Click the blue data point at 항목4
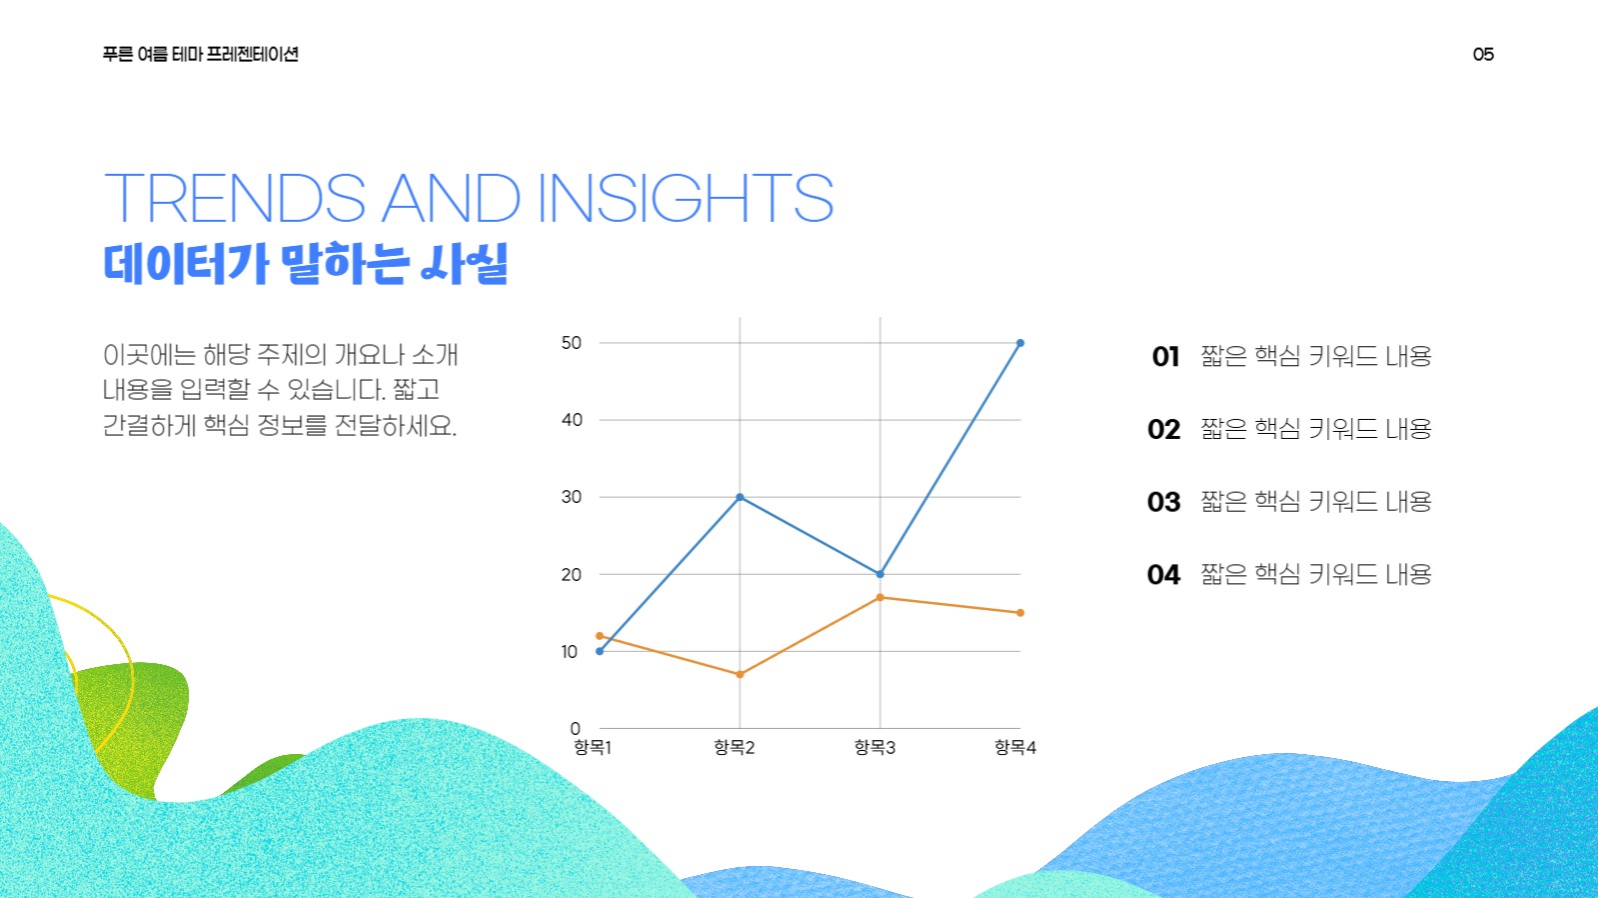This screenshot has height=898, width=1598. coord(1019,343)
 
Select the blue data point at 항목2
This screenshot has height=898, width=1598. coord(740,497)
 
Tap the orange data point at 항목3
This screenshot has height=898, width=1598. coord(879,598)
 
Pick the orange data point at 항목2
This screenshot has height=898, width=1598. coord(740,675)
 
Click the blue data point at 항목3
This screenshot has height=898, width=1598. coord(879,574)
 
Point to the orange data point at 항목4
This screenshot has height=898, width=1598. coord(1019,613)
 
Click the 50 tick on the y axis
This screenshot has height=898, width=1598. coord(571,343)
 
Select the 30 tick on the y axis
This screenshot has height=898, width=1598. coord(571,497)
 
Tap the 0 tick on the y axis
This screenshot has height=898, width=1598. coord(575,729)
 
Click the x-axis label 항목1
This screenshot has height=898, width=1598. coord(593,748)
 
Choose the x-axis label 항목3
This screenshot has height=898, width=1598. coord(874,748)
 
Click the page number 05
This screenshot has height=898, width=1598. coord(1483,55)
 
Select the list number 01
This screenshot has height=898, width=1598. coord(1165,357)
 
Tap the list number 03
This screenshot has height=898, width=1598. coord(1163,502)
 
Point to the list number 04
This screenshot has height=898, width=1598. coord(1163,575)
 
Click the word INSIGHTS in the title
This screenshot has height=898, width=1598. coord(685,198)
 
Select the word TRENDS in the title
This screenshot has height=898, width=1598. coord(235,198)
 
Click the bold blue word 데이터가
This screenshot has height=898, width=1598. coord(186,264)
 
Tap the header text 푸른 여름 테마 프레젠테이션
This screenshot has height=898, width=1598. coord(200,55)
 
